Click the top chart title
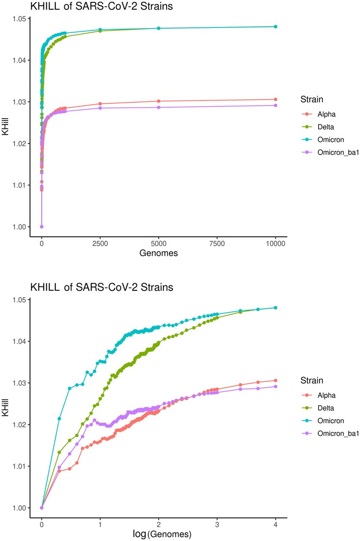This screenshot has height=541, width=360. (101, 6)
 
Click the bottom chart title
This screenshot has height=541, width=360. (101, 287)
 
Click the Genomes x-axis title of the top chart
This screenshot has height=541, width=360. (158, 254)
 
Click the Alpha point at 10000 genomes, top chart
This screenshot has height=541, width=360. (275, 99)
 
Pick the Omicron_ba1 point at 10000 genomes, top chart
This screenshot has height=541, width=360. (275, 105)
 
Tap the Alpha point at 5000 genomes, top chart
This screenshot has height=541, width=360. (158, 101)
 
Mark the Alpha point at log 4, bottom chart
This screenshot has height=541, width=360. (275, 380)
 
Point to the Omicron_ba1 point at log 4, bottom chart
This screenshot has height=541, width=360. (275, 386)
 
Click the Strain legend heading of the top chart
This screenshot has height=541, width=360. (312, 100)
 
